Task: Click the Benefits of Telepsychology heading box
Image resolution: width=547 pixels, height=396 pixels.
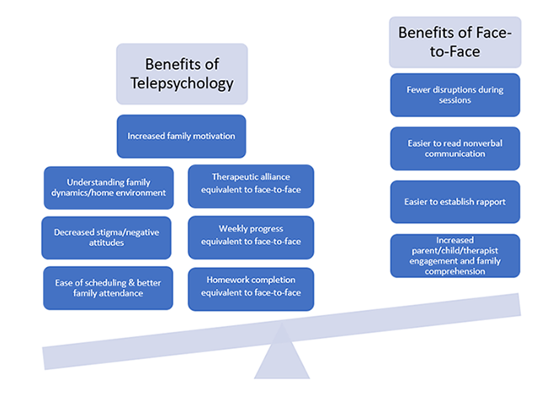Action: tap(183, 74)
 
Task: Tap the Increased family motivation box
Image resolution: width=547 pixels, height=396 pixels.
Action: tap(181, 136)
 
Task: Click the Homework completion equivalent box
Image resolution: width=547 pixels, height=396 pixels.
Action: tap(250, 288)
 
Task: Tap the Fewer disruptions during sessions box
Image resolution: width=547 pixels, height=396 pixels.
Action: tap(454, 94)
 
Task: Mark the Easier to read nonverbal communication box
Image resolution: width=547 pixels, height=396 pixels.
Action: tap(454, 148)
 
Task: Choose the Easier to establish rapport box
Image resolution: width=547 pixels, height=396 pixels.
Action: tap(454, 202)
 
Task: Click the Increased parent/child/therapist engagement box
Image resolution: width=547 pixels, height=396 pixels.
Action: tap(454, 255)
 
